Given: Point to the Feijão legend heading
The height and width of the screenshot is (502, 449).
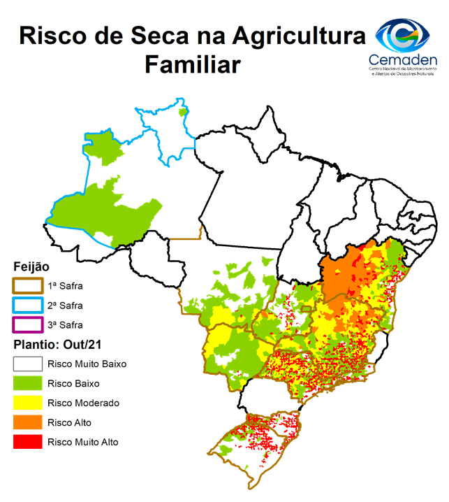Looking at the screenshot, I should click(31, 266).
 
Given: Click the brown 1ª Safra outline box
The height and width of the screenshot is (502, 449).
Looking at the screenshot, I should click(27, 286).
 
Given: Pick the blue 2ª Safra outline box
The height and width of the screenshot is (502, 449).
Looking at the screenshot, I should click(27, 306).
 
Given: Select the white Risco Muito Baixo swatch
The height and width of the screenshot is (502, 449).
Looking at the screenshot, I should click(27, 364).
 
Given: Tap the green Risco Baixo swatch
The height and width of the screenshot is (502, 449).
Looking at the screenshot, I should click(27, 383).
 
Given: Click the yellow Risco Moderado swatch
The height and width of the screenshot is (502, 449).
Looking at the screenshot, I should click(27, 403).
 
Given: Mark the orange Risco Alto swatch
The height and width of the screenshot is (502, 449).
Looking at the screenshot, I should click(27, 422).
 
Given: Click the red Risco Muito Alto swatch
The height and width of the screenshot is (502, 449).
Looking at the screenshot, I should click(27, 442).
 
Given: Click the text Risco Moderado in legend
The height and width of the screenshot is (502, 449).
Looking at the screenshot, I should click(83, 403).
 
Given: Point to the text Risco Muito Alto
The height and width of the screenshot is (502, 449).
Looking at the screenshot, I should click(82, 442).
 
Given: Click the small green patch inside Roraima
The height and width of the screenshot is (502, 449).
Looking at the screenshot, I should click(183, 111).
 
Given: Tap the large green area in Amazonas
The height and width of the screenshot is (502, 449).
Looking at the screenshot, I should click(105, 210).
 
